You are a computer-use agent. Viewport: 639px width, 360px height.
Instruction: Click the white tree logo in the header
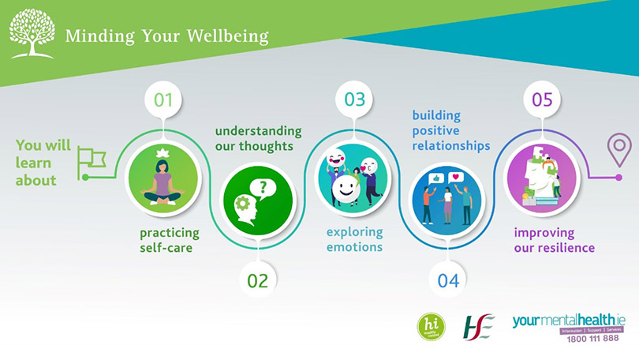pyautogui.click(x=32, y=34)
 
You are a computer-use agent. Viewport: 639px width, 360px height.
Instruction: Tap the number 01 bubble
pyautogui.click(x=163, y=99)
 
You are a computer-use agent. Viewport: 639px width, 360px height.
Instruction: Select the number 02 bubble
pyautogui.click(x=258, y=279)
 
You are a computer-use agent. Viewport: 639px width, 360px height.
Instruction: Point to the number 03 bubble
pyautogui.click(x=354, y=99)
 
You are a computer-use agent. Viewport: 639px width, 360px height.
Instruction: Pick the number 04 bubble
pyautogui.click(x=447, y=279)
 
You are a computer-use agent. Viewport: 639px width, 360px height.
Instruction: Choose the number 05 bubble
pyautogui.click(x=542, y=99)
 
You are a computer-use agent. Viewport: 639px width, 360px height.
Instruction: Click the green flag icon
pyautogui.click(x=92, y=161)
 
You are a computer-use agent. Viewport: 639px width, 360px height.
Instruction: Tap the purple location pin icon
pyautogui.click(x=618, y=149)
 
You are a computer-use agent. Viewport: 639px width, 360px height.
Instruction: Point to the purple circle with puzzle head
pyautogui.click(x=542, y=177)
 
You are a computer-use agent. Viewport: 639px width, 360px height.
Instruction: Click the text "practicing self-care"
pyautogui.click(x=170, y=241)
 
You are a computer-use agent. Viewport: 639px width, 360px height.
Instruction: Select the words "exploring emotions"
pyautogui.click(x=355, y=239)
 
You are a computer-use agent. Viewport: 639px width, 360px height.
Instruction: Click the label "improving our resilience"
pyautogui.click(x=554, y=241)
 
